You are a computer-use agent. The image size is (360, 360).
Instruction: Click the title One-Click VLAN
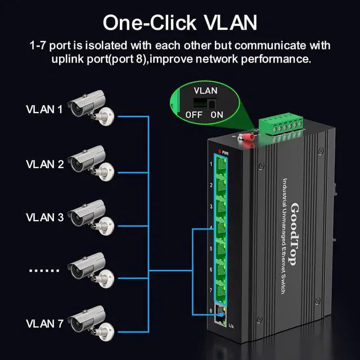[180, 22]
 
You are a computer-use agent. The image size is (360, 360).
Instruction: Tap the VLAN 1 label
[44, 109]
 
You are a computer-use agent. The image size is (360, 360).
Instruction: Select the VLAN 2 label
[44, 164]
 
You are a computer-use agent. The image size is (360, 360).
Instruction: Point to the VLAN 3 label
[44, 217]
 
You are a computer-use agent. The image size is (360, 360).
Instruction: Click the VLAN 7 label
[44, 323]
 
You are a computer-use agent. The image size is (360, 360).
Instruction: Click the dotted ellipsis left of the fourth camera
[44, 269]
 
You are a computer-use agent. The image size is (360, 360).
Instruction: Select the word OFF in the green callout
[193, 115]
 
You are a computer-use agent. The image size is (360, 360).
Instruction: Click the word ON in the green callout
[217, 115]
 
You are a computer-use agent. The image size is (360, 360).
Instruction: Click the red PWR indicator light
[217, 152]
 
